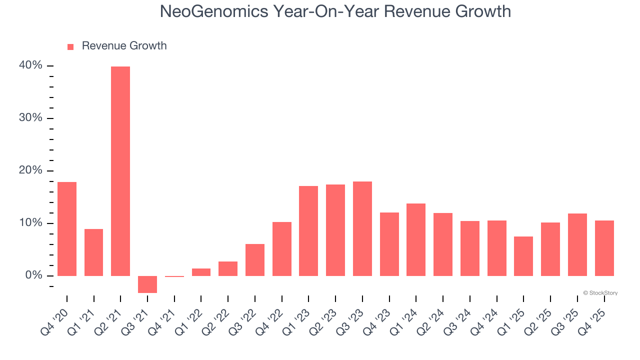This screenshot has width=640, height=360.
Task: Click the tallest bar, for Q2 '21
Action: [x=120, y=171]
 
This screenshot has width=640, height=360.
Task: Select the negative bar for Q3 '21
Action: [x=147, y=284]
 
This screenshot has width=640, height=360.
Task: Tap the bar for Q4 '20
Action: [x=67, y=228]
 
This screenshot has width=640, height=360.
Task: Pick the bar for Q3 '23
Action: [x=362, y=228]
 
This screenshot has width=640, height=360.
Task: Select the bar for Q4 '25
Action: [x=604, y=248]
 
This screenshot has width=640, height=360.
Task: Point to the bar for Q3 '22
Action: [x=255, y=259]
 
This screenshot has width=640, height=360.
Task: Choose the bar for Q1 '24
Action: [x=416, y=239]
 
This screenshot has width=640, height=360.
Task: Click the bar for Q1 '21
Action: [x=94, y=252]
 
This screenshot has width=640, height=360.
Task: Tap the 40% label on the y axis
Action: [x=31, y=65]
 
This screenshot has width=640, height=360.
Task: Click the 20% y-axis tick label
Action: [x=31, y=170]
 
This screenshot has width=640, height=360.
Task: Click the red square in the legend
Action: [x=70, y=46]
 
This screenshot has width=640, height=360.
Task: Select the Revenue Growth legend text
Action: [x=124, y=46]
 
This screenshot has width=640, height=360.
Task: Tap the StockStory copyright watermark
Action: [x=600, y=293]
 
